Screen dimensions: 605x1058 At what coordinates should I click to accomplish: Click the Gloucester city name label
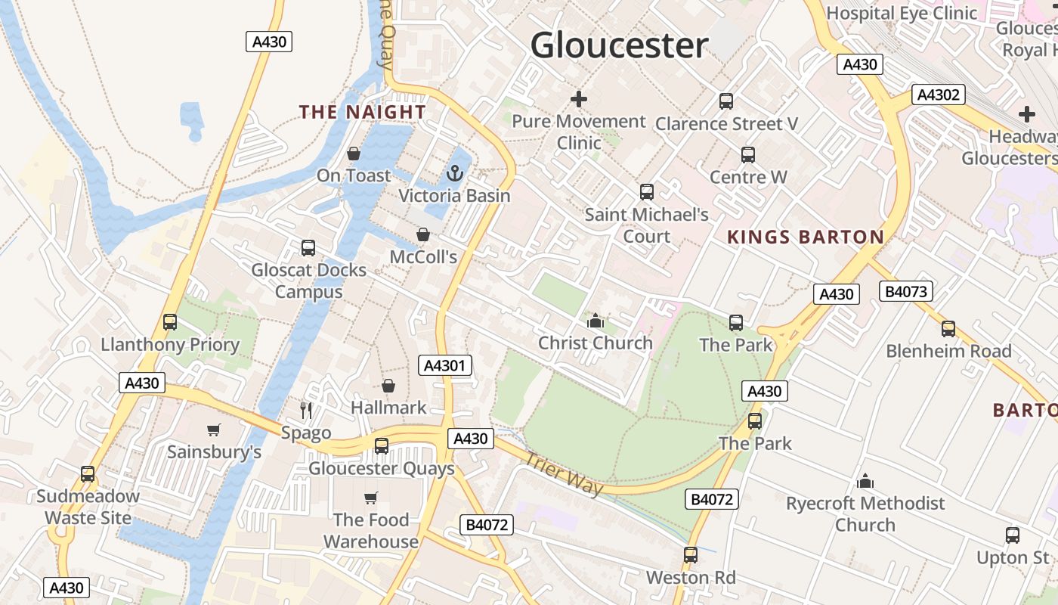619,45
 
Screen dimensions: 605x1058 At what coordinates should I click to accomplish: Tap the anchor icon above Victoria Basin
454,174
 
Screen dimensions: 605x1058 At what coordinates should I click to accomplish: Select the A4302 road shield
939,95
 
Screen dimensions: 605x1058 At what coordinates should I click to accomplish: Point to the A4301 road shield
445,366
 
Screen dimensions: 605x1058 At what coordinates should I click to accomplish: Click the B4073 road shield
906,291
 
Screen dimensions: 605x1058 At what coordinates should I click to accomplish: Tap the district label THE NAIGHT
363,112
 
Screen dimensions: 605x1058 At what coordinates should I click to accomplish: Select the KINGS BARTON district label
806,237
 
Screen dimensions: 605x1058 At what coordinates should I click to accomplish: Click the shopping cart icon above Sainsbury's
214,430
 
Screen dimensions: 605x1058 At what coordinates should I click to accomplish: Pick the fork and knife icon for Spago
306,411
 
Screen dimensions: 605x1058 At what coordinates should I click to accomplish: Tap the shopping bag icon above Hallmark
388,386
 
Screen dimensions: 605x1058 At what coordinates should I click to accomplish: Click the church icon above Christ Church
596,321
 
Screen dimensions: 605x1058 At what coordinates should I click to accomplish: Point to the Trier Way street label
564,473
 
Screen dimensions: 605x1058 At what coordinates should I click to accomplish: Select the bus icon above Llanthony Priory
170,323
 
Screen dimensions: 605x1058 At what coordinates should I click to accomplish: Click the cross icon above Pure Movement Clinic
579,99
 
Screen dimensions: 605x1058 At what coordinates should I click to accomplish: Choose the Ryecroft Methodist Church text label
865,513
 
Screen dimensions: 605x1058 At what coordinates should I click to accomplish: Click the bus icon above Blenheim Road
948,329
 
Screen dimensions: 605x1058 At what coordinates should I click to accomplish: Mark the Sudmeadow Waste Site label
88,507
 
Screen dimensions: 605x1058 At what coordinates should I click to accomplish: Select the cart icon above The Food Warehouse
371,498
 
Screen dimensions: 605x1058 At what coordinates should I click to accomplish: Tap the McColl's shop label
423,257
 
